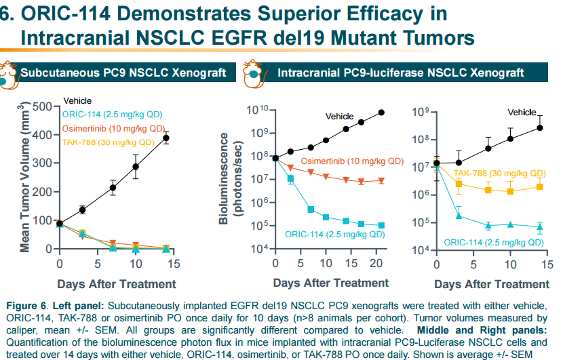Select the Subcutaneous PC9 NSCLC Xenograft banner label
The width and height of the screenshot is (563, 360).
[x=123, y=73]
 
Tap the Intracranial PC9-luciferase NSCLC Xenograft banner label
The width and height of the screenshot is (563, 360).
[x=400, y=73]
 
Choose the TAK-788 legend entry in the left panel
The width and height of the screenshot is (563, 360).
[x=108, y=142]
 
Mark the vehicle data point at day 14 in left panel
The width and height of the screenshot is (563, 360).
[x=166, y=138]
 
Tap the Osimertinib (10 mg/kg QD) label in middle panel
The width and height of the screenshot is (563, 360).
[x=352, y=161]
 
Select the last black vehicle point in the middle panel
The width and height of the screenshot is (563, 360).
[x=381, y=113]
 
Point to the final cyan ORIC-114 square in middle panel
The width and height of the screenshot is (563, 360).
[x=381, y=225]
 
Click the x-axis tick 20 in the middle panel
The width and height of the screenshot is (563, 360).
[x=376, y=262]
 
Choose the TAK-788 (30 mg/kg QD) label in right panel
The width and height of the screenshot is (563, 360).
[x=499, y=173]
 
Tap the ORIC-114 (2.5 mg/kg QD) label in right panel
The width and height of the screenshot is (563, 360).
[x=494, y=241]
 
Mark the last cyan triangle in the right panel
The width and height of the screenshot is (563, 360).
[x=541, y=226]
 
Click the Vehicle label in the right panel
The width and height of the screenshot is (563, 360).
[x=522, y=112]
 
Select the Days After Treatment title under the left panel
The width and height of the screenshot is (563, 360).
[x=117, y=284]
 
